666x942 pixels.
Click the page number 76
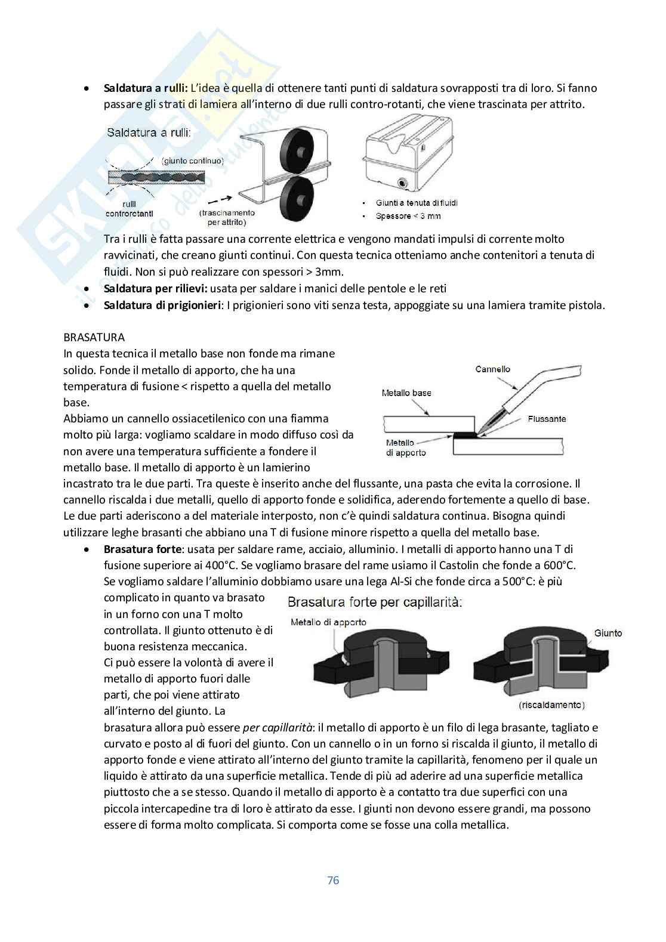point(333,880)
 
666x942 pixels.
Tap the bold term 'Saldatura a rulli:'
point(146,88)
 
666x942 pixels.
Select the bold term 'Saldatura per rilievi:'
point(155,289)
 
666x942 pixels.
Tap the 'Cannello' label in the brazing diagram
point(492,369)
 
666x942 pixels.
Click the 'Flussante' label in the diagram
point(547,419)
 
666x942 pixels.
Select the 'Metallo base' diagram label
point(406,393)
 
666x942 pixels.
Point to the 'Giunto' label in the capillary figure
point(608,633)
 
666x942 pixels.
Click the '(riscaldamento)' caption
point(551,705)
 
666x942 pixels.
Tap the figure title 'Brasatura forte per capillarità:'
point(375,602)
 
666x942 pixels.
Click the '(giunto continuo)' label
point(192,160)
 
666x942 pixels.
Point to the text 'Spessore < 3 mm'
point(408,216)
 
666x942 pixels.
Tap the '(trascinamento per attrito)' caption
point(227,217)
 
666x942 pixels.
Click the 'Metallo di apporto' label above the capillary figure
point(328,622)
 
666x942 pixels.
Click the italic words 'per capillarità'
point(277,728)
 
